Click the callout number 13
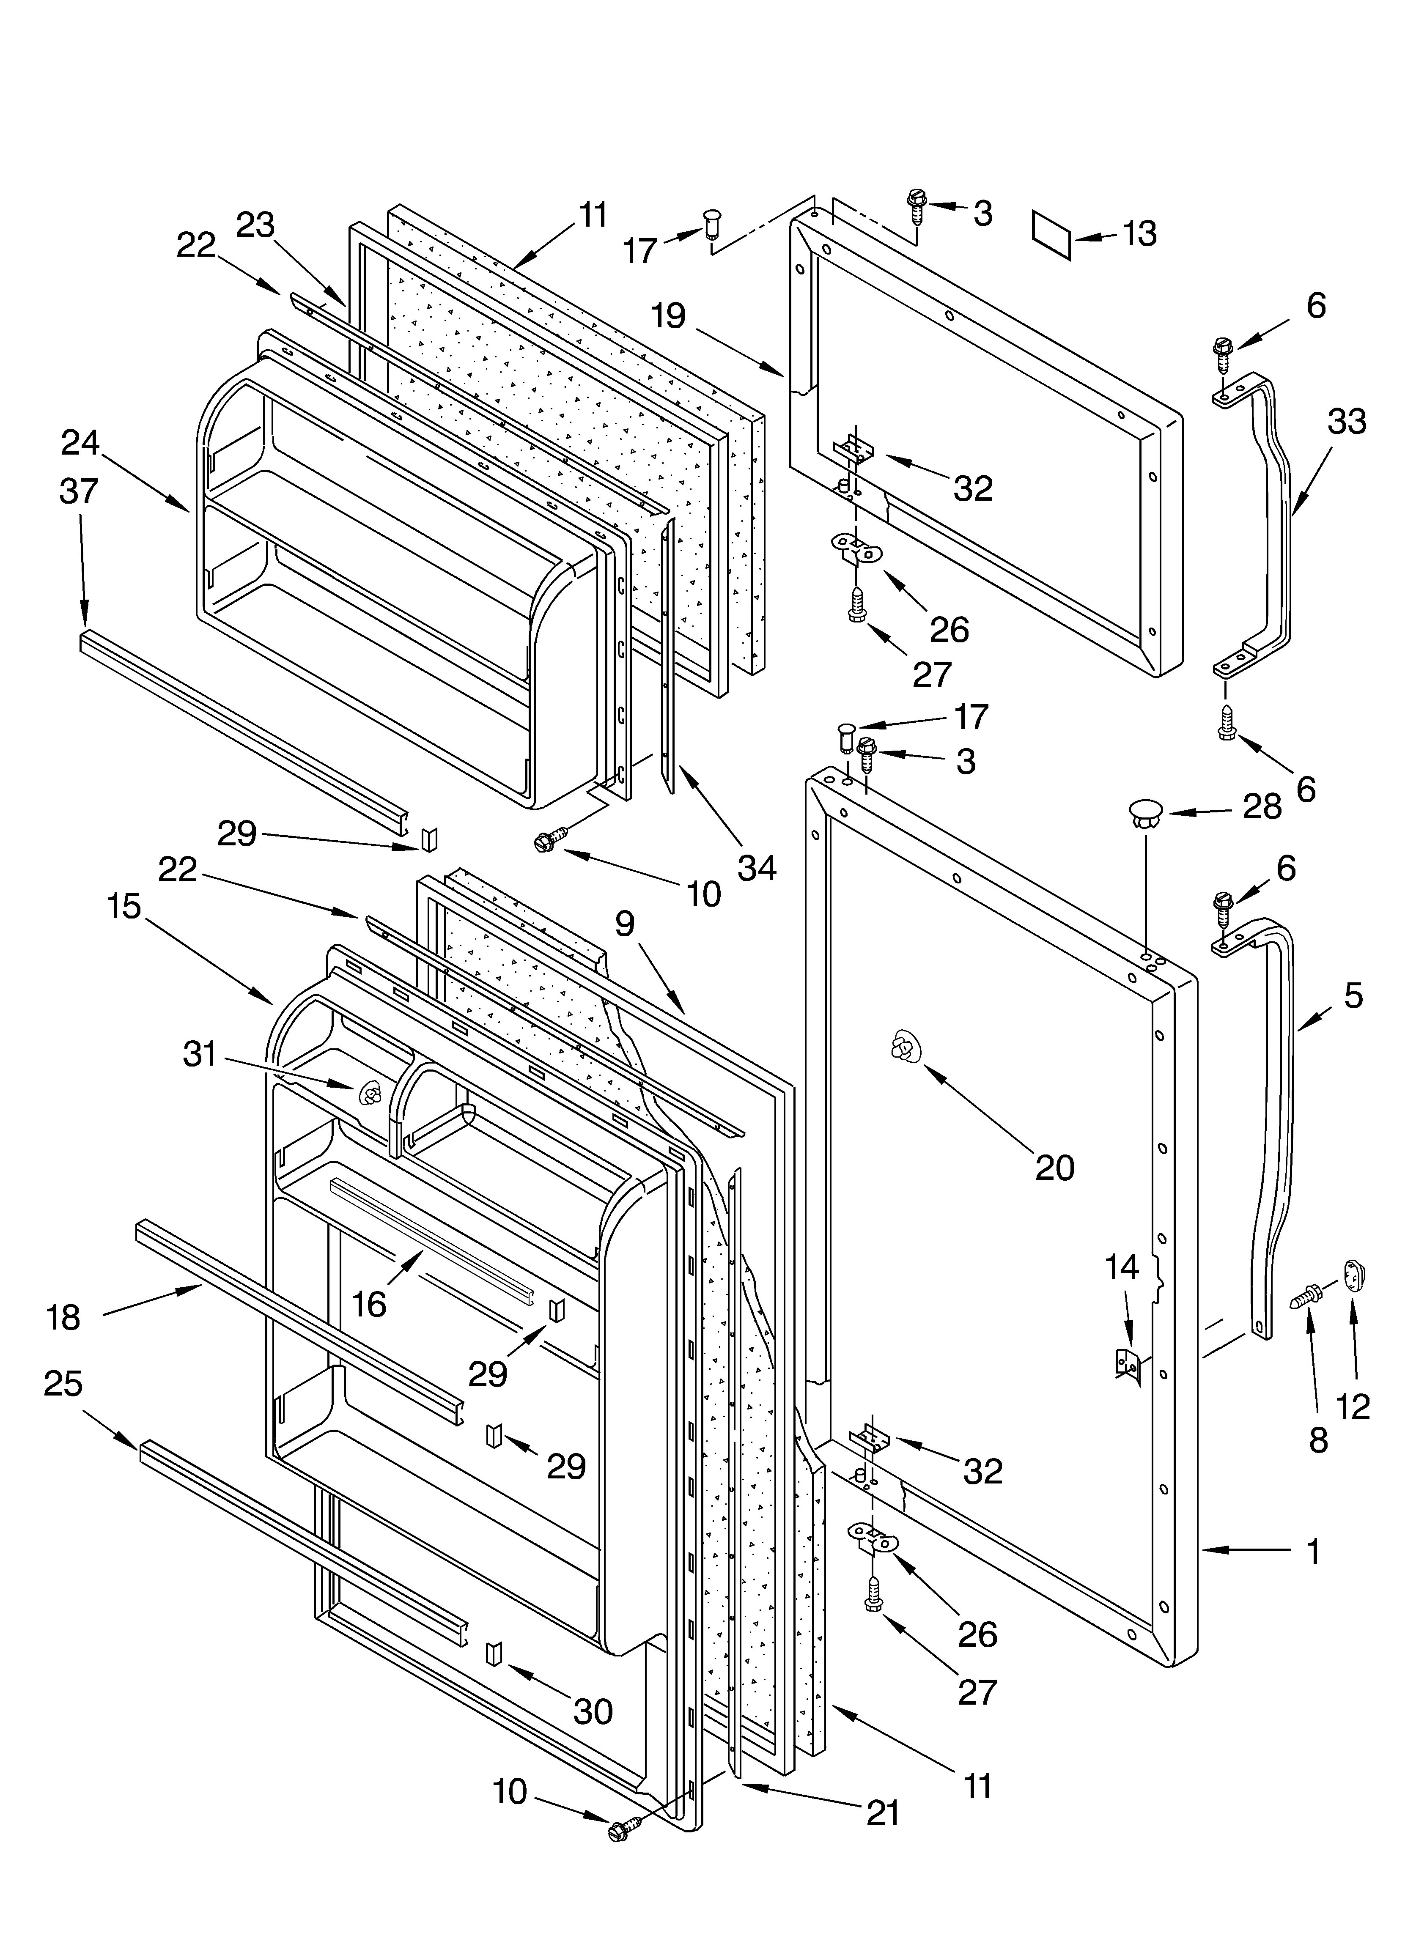click(x=1140, y=233)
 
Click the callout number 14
click(x=1122, y=1267)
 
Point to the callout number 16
click(x=369, y=1304)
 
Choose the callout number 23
click(x=255, y=226)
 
